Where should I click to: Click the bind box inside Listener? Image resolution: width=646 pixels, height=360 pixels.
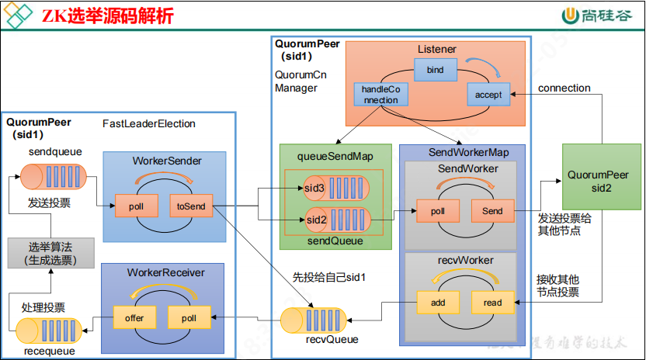click(x=435, y=70)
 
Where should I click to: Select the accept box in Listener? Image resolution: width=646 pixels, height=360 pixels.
click(x=488, y=95)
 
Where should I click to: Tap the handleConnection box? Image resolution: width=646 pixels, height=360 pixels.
click(x=380, y=95)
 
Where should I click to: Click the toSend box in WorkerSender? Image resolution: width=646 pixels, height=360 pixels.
click(x=190, y=206)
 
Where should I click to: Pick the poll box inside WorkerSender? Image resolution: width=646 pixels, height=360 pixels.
click(x=137, y=206)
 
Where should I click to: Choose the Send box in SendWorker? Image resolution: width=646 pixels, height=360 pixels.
click(x=492, y=211)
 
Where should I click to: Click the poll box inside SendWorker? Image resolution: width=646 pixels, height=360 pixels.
click(x=437, y=211)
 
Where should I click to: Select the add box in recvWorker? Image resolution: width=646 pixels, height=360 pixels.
click(x=437, y=303)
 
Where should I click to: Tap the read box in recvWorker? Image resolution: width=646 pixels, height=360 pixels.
click(x=492, y=303)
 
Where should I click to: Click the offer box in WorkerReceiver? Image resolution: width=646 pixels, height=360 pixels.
click(x=134, y=317)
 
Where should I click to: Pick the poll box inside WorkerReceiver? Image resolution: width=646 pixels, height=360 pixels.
click(x=189, y=317)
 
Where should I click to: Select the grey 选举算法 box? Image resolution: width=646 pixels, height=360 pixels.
click(x=50, y=254)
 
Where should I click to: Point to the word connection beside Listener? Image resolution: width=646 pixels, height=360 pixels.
click(x=564, y=88)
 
